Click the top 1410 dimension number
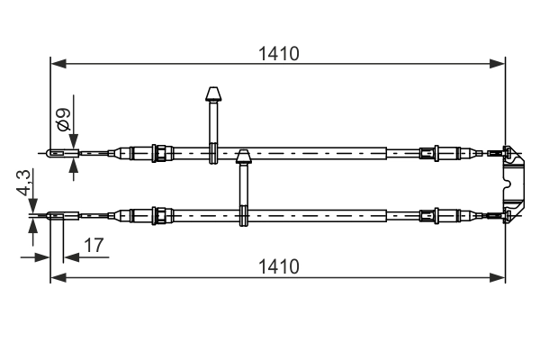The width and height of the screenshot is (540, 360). pos(276,53)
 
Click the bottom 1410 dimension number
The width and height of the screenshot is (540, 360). pos(276,266)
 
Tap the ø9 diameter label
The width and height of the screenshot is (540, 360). pos(63,118)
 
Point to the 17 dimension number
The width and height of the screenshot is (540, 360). pos(93,245)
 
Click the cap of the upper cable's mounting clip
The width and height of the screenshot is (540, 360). pos(213,94)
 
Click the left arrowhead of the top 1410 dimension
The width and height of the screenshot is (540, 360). pos(57,64)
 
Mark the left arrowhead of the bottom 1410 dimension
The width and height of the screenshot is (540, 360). pos(57,277)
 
